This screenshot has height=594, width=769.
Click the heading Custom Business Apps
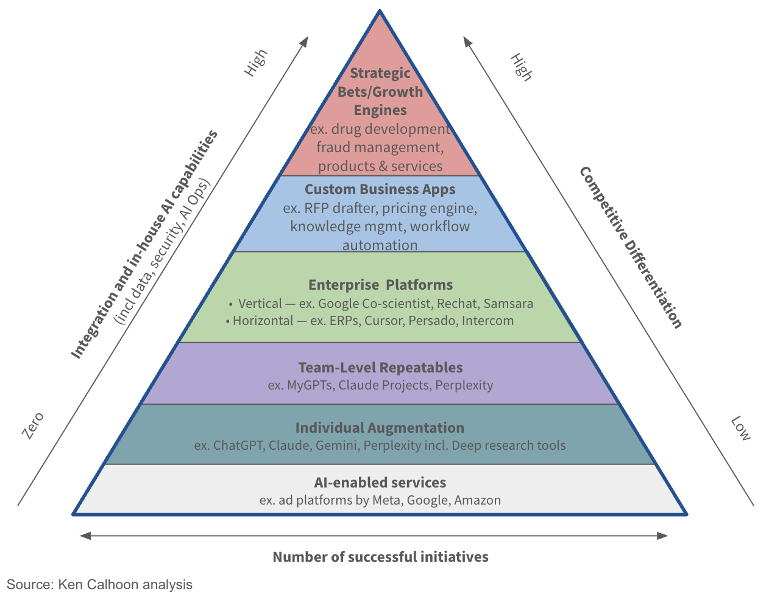click(x=380, y=189)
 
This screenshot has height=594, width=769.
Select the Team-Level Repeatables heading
click(x=380, y=368)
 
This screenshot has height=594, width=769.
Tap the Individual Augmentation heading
click(x=380, y=428)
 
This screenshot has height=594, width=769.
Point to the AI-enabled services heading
click(x=380, y=483)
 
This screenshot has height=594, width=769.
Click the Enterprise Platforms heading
click(x=380, y=285)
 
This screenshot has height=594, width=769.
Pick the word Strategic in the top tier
click(x=380, y=73)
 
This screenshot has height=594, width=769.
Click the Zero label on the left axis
click(x=33, y=425)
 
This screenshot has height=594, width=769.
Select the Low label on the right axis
click(x=740, y=428)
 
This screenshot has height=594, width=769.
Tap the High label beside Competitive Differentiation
click(x=521, y=66)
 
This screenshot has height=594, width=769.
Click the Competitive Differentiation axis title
click(x=631, y=247)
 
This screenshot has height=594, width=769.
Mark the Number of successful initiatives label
click(x=380, y=557)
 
